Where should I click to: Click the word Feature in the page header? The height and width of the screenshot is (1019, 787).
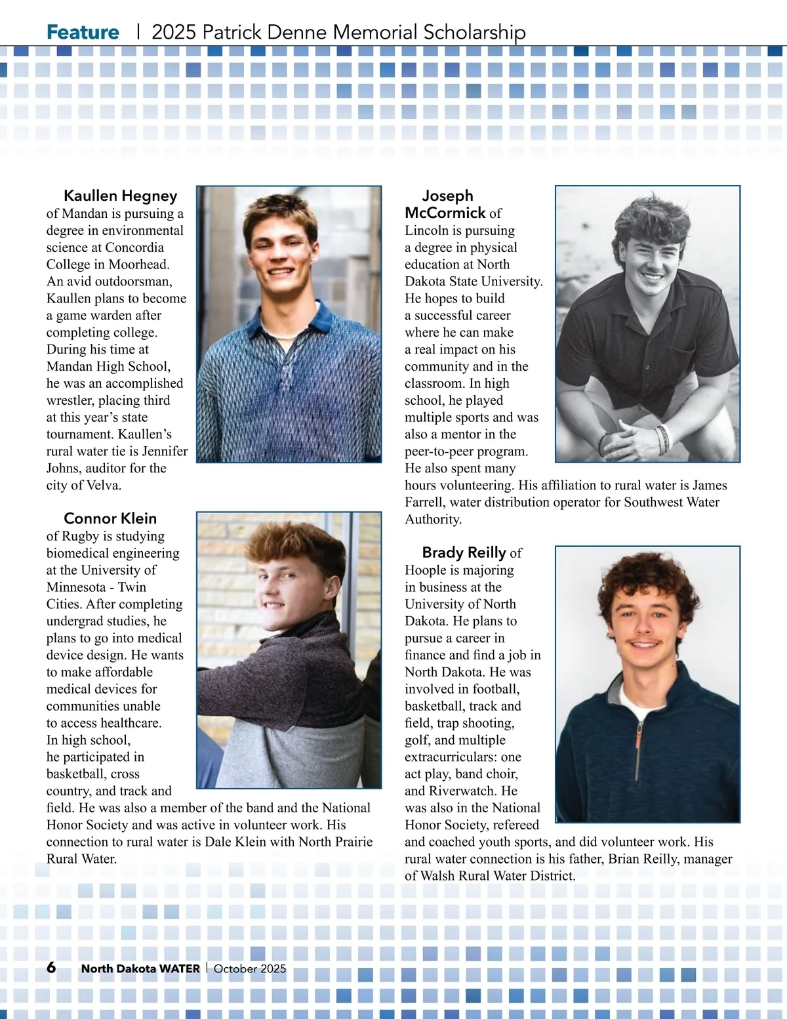[x=83, y=32]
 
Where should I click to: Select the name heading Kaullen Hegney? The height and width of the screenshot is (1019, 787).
[x=120, y=196]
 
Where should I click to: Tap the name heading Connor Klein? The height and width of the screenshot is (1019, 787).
[x=110, y=518]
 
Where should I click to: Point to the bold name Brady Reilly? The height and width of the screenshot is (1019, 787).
[x=464, y=552]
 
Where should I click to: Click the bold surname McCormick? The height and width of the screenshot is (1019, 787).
[x=445, y=213]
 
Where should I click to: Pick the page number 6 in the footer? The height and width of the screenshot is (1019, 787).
[x=51, y=968]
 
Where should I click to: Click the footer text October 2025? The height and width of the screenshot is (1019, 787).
[x=250, y=968]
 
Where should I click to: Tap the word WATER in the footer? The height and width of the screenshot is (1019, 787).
[x=179, y=968]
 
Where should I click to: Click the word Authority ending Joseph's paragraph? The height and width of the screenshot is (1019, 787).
[x=433, y=519]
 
